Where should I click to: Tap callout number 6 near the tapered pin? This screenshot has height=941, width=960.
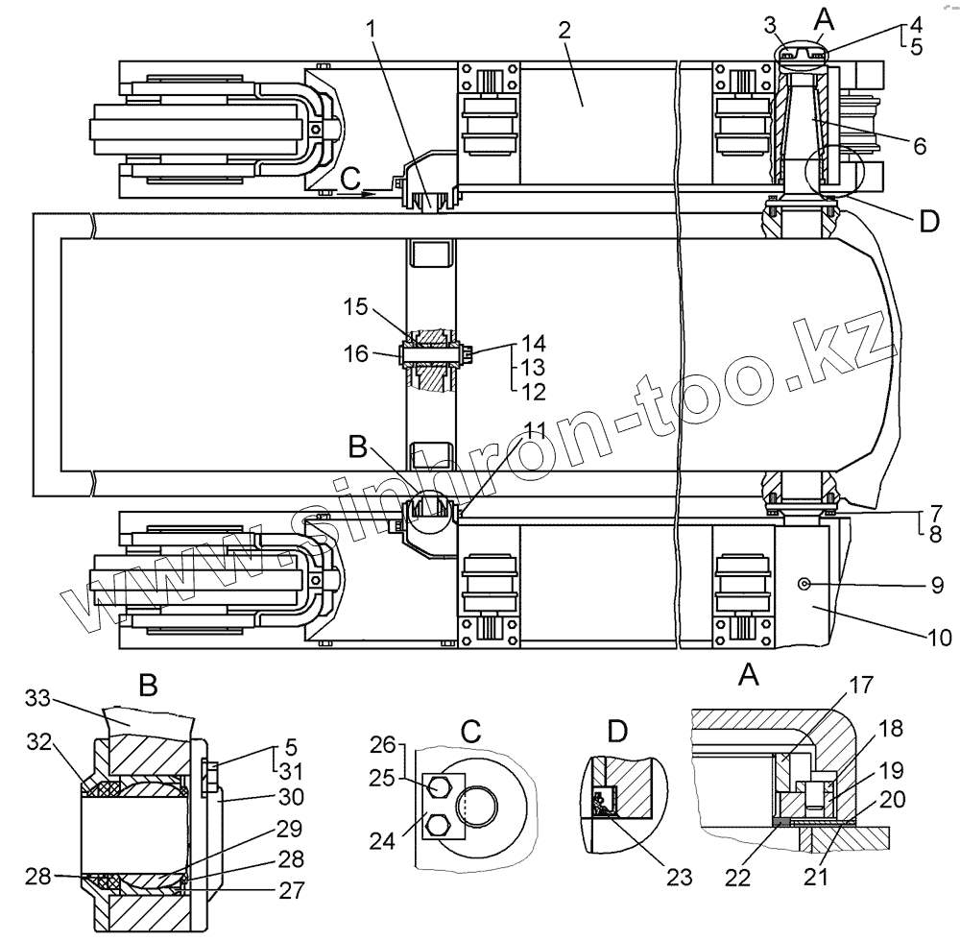point(919,147)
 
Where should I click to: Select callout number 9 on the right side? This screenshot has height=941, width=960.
point(938,584)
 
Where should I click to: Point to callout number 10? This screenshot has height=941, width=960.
point(939,636)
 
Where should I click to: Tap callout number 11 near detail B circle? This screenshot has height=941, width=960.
point(535,429)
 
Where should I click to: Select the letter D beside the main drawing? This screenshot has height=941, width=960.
point(927,223)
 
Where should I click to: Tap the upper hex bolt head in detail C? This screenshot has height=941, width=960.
point(439,787)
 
